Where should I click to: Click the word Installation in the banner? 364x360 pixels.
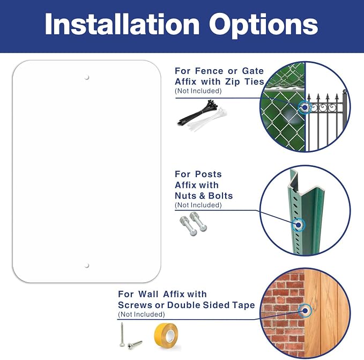coord(122,24)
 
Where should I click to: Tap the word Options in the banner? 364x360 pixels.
coord(263,26)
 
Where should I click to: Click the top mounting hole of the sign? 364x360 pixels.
coord(87,77)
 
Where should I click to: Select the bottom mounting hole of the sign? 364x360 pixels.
coord(87,266)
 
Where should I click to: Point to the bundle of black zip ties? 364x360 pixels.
coord(198,113)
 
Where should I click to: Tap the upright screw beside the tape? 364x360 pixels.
coord(122,335)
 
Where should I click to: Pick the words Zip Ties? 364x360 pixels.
coord(244,82)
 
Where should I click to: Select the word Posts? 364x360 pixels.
coord(208,174)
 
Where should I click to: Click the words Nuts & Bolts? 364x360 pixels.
coord(204,196)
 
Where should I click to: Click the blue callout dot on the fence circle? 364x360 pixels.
coord(304,107)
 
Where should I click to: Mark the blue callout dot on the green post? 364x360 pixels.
coord(299,225)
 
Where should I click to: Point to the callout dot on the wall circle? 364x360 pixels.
coord(305,311)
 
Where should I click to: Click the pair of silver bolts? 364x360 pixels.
coord(193,224)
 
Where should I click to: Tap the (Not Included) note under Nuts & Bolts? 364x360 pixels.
coord(198,205)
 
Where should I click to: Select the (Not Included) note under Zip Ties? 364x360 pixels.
coord(198,91)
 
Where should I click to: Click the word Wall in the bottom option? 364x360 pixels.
coord(148,294)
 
